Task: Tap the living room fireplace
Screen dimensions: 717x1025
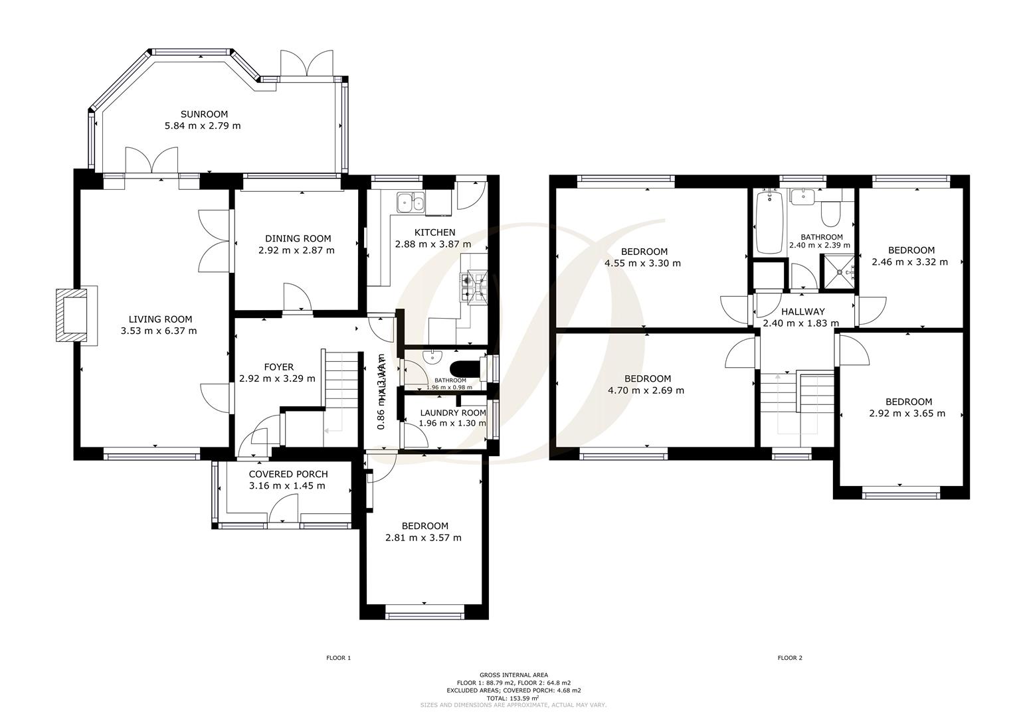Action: click(x=73, y=315)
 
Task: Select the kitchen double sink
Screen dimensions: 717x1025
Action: click(x=410, y=202)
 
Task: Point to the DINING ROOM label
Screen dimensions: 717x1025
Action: click(x=298, y=239)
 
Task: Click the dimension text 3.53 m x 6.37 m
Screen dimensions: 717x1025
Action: click(x=159, y=331)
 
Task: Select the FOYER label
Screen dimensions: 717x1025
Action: click(x=278, y=367)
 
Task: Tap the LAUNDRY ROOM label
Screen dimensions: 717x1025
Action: click(x=452, y=413)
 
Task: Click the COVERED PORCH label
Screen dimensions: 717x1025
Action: click(x=288, y=474)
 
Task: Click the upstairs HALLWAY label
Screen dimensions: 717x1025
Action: click(x=802, y=311)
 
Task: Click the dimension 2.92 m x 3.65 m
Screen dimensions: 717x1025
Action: click(x=908, y=414)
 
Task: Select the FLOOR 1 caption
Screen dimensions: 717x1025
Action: click(x=338, y=658)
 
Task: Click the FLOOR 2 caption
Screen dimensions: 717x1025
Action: click(x=790, y=658)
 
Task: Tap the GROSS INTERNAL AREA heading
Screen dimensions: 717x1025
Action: click(x=513, y=675)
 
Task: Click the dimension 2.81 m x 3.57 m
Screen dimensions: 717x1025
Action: click(x=423, y=538)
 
